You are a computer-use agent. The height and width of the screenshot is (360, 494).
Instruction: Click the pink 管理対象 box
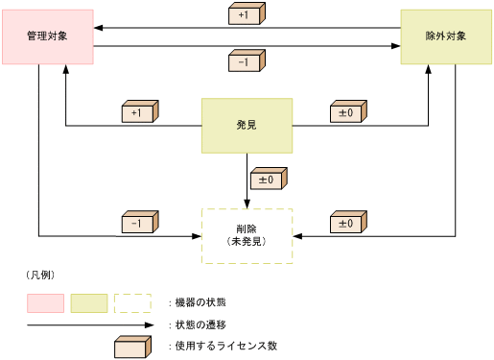tap(47, 36)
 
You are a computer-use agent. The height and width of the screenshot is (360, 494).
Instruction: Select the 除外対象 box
tap(446, 36)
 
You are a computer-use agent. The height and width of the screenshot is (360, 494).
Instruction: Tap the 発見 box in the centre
tap(247, 126)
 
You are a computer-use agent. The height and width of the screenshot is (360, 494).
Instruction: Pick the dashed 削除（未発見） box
tap(247, 236)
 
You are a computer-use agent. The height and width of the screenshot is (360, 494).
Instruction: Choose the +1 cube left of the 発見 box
tap(139, 112)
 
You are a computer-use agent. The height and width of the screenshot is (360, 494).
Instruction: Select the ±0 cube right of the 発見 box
tap(346, 112)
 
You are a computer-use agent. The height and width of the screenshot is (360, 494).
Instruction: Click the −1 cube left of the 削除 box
tap(139, 223)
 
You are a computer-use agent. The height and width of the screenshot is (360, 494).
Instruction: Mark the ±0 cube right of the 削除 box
tap(346, 223)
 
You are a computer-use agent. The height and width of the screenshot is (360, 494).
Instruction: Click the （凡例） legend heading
tap(39, 276)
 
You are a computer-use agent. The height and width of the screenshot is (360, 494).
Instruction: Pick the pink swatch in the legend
tap(45, 303)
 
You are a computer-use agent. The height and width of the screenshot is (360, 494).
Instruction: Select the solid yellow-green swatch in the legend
tap(88, 303)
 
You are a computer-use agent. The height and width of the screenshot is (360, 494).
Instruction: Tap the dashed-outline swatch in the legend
tap(132, 303)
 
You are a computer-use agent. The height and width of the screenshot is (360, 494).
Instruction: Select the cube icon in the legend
tap(132, 346)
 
